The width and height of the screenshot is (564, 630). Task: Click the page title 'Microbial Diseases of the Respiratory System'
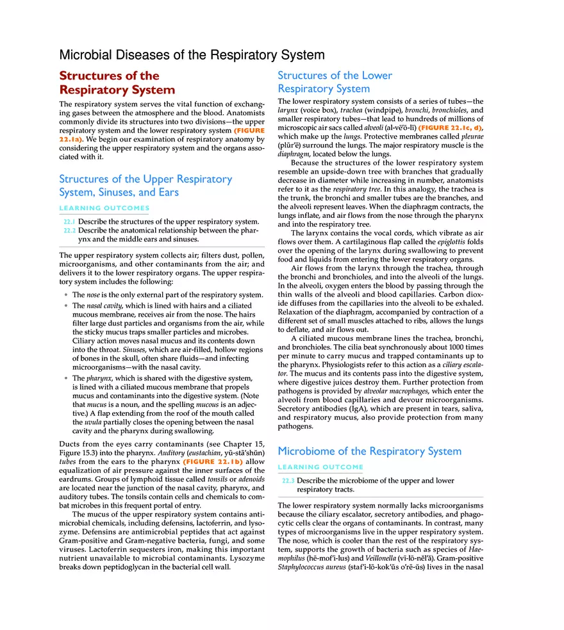[192, 55]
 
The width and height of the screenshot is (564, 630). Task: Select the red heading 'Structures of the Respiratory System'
[117, 83]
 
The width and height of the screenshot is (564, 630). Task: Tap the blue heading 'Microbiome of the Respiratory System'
[369, 451]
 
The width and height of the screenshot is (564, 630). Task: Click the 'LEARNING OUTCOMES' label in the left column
[104, 208]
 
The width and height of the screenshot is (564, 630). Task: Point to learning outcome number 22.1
[69, 222]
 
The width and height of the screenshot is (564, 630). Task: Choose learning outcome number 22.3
[288, 481]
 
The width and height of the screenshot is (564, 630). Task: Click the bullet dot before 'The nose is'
[66, 295]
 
